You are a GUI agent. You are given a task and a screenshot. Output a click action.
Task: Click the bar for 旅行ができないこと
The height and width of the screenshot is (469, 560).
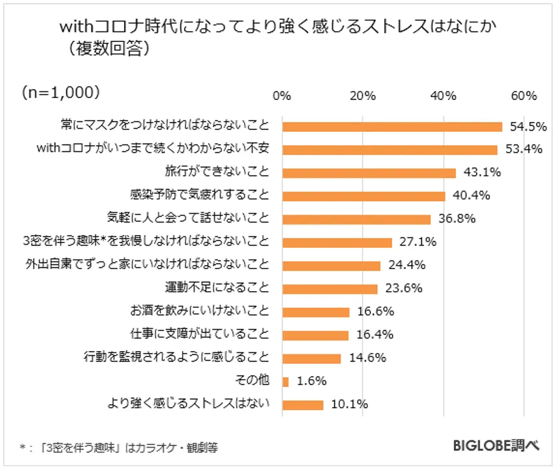click(x=369, y=173)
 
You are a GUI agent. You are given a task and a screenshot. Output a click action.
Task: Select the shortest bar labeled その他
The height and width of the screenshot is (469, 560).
click(x=285, y=382)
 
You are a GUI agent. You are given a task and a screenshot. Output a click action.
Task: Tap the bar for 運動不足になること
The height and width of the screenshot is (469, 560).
click(x=329, y=288)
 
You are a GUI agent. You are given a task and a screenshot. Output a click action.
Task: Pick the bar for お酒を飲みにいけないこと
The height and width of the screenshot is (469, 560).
click(x=315, y=312)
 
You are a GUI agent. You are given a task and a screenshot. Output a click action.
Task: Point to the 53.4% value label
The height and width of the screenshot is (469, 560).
click(x=523, y=149)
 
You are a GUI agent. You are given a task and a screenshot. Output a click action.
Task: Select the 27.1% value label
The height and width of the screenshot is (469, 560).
click(x=417, y=242)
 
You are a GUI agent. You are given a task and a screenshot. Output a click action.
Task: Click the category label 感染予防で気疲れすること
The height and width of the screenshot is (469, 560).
click(x=199, y=195)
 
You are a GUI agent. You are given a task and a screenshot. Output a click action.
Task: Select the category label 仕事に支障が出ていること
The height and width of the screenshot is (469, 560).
click(x=199, y=334)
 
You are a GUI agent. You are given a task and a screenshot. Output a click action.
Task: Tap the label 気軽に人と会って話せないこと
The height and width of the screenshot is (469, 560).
click(x=189, y=219)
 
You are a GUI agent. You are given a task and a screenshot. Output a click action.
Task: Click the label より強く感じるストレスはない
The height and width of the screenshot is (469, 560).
click(x=189, y=404)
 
